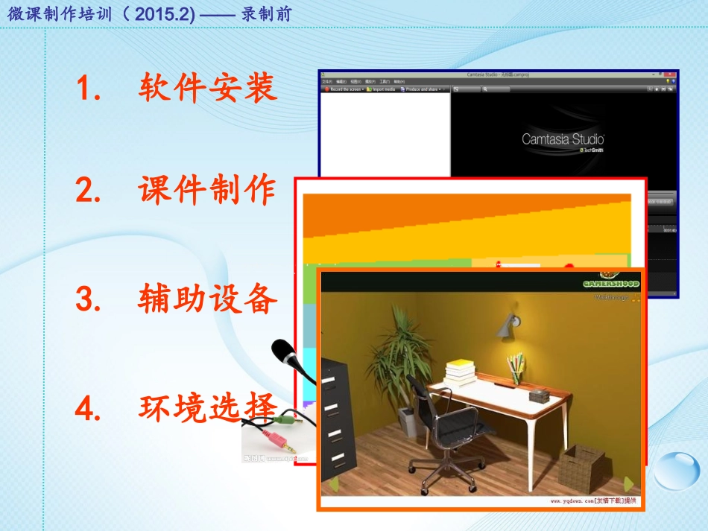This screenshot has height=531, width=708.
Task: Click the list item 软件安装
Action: [207, 89]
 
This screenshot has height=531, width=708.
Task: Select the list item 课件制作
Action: [207, 191]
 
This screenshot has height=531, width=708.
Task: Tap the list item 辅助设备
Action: [207, 300]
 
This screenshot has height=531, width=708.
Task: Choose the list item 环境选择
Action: [207, 407]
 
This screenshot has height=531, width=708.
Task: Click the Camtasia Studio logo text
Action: [563, 139]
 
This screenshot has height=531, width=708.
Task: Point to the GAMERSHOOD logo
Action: [610, 284]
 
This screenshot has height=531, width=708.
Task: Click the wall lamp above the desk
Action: [510, 322]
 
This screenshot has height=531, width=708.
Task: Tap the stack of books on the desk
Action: [461, 372]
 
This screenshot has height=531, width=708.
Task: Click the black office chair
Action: [440, 425]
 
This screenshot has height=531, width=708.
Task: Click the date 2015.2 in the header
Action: [172, 14]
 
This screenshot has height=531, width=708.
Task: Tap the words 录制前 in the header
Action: [266, 14]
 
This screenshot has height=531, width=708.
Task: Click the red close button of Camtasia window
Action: [670, 74]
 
